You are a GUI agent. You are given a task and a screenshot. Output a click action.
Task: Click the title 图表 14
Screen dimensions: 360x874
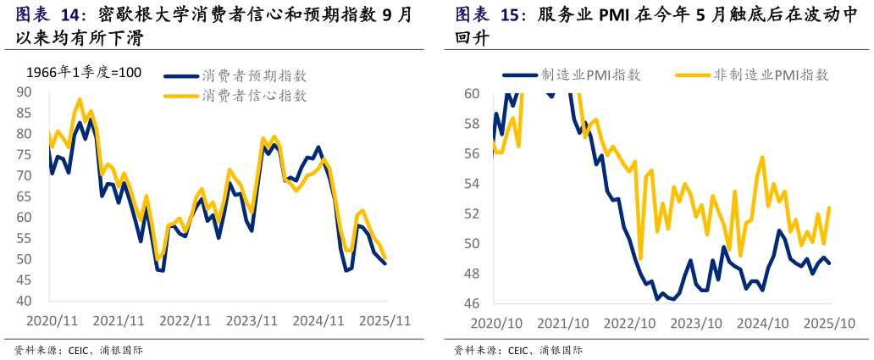[51, 16]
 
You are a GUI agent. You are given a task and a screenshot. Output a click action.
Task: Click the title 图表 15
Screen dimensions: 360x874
[490, 16]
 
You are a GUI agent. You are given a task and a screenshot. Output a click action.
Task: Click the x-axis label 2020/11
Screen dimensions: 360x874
[53, 322]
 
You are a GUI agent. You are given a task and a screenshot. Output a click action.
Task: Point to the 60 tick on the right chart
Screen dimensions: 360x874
[472, 93]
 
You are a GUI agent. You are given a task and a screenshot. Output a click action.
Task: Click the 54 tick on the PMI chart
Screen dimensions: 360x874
[472, 184]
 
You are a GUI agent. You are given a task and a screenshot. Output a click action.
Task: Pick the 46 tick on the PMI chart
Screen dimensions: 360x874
[472, 303]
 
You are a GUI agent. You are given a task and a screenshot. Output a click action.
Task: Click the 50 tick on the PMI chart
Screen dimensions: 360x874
[472, 244]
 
